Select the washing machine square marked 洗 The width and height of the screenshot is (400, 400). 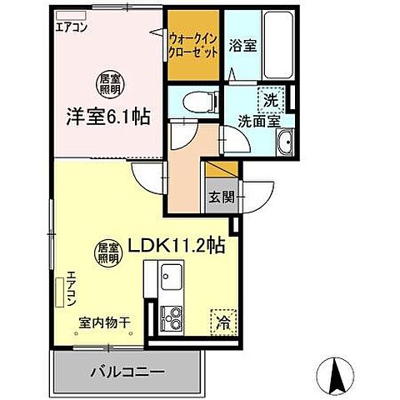tap(269, 98)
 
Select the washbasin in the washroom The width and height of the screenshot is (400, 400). tap(284, 142)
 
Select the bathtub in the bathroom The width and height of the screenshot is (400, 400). tap(277, 46)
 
